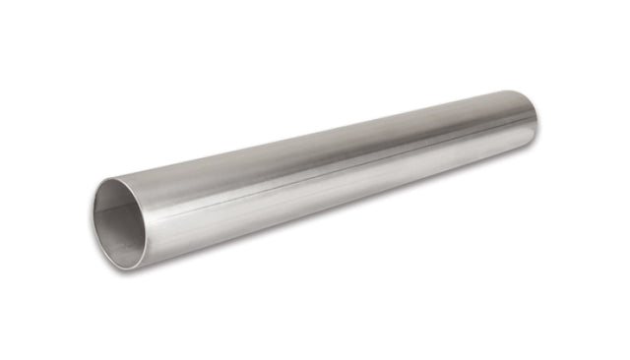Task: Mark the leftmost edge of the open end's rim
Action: [x=93, y=224]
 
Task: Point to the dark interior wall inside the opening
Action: [x=110, y=211]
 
